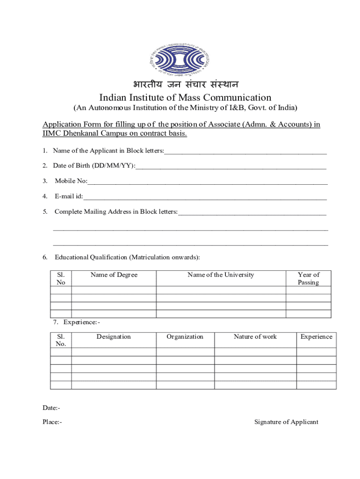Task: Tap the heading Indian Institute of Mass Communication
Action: click(185, 97)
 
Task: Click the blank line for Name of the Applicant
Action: click(245, 152)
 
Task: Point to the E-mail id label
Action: click(68, 196)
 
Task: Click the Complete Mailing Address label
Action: click(116, 211)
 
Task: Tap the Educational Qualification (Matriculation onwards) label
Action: click(127, 257)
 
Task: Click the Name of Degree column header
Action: click(114, 275)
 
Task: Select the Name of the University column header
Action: click(221, 275)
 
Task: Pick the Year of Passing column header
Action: click(309, 279)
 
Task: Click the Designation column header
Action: click(114, 337)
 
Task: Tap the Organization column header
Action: click(185, 337)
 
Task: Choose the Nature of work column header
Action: click(255, 337)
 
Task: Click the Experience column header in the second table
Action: click(316, 337)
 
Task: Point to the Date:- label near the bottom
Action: click(51, 408)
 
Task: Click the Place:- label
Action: click(52, 422)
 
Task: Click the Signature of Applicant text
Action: click(286, 422)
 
